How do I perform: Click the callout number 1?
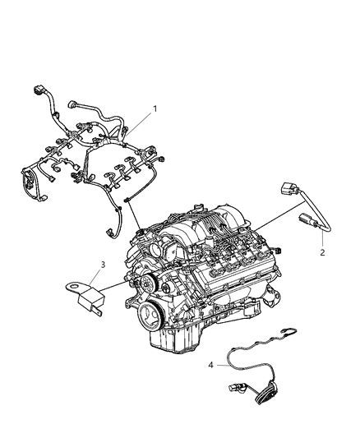[154, 108]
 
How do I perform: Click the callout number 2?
[322, 253]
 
